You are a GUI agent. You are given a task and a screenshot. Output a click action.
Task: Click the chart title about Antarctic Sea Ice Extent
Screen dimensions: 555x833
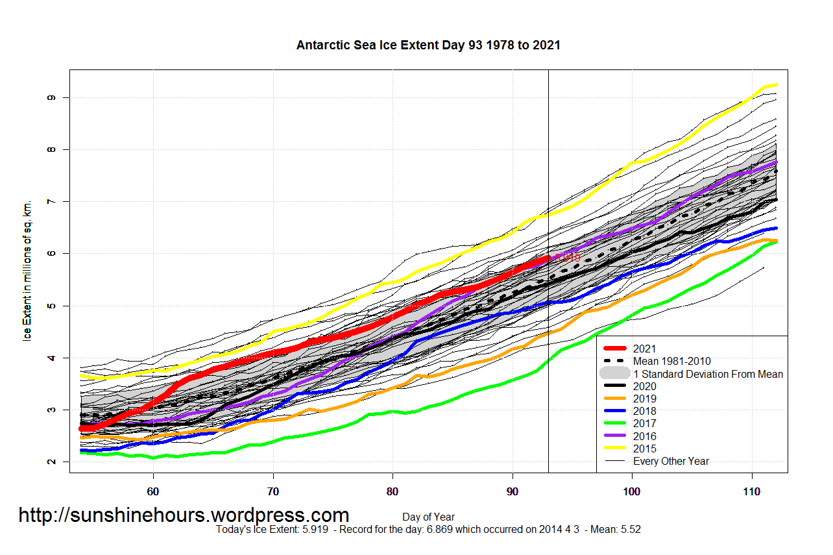(x=428, y=45)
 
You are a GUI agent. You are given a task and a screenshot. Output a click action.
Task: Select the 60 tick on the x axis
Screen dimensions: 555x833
(x=153, y=492)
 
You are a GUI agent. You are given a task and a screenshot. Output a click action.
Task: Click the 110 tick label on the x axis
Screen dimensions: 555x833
(x=752, y=492)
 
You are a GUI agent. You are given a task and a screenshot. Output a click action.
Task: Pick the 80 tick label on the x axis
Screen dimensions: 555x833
(x=392, y=492)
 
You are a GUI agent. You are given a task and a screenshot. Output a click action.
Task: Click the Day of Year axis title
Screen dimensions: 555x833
(x=428, y=517)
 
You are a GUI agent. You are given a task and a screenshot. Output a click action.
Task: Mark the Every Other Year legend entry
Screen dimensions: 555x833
(x=671, y=462)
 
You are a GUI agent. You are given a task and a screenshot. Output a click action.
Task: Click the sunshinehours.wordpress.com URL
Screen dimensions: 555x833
(x=184, y=515)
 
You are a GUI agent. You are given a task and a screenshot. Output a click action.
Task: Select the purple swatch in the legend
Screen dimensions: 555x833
(x=614, y=436)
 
